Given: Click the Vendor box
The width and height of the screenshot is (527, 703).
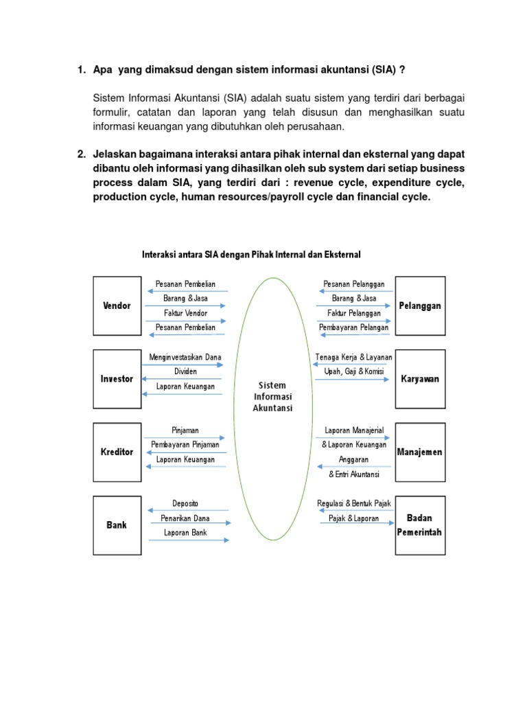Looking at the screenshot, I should click(x=117, y=306).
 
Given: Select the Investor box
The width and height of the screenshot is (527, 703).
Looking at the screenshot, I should click(x=117, y=379).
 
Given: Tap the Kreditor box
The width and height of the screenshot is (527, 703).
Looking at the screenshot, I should click(x=117, y=452).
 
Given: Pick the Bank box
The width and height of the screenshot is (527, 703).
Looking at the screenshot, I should click(x=117, y=525).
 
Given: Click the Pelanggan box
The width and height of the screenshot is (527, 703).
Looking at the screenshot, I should click(x=420, y=306).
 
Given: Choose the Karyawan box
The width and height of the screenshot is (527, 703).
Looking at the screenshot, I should click(x=420, y=379).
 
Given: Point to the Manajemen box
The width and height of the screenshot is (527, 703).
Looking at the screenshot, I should click(x=420, y=452).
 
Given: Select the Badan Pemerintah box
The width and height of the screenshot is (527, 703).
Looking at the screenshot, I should click(x=420, y=525).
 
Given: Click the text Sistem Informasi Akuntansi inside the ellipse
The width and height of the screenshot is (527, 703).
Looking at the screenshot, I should click(x=272, y=397).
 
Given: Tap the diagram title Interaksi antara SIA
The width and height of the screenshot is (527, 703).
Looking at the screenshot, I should click(x=251, y=255).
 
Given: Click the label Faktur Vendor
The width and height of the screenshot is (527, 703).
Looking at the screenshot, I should click(x=185, y=313).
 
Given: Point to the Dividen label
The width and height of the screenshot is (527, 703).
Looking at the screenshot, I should click(x=185, y=371).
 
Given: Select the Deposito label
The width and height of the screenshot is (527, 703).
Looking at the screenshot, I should click(x=185, y=503).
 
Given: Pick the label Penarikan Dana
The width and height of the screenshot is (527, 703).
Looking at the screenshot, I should click(x=185, y=518).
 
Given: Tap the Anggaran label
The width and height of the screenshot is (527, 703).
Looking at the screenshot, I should click(x=353, y=460).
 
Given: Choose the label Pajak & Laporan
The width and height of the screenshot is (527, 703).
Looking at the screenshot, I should click(x=353, y=518).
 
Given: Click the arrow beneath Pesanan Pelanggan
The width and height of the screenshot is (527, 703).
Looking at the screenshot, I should click(x=353, y=291).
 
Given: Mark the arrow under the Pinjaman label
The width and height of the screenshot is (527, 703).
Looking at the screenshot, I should click(x=185, y=437).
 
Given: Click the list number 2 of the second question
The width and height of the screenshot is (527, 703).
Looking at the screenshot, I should click(x=81, y=153).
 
